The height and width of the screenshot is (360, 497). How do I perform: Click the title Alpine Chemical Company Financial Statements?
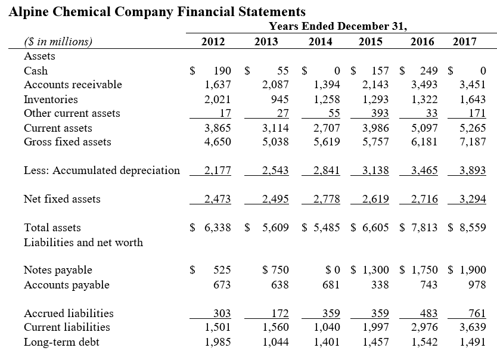[157, 11]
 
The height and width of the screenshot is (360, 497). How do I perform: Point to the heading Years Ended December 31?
[338, 26]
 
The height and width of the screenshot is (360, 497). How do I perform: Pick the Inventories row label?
[51, 99]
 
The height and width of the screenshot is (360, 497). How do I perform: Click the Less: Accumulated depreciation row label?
[101, 170]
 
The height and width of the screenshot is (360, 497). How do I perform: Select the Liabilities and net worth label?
[83, 242]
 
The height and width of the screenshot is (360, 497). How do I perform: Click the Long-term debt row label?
[62, 342]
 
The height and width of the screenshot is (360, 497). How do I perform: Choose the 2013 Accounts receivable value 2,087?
[275, 85]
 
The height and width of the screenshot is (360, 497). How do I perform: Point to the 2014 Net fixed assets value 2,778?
[327, 199]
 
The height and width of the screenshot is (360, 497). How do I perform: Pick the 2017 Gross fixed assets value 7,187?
[474, 142]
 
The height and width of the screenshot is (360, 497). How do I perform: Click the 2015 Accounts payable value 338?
[380, 285]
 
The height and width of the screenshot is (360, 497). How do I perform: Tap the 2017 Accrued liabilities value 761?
[477, 314]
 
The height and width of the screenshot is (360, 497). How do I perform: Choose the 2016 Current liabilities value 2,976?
[424, 327]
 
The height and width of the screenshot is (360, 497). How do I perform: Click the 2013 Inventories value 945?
[279, 99]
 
